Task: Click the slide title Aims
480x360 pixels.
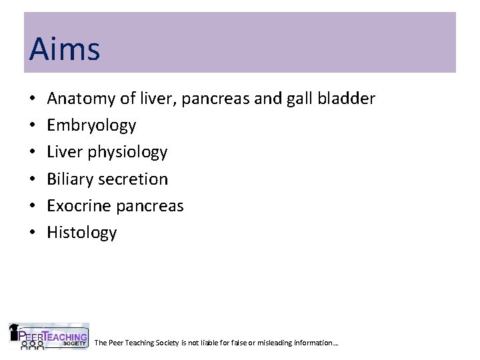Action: click(x=65, y=49)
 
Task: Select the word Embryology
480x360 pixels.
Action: click(x=92, y=126)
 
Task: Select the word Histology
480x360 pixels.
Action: click(x=82, y=233)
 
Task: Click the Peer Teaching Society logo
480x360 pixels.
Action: click(x=48, y=336)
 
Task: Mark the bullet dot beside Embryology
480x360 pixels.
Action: click(x=33, y=126)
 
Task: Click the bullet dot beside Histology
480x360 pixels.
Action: click(x=33, y=233)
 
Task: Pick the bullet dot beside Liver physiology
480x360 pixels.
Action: click(x=33, y=153)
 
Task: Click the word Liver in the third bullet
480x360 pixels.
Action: click(x=64, y=153)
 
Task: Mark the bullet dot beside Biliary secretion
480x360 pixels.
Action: click(x=33, y=179)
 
